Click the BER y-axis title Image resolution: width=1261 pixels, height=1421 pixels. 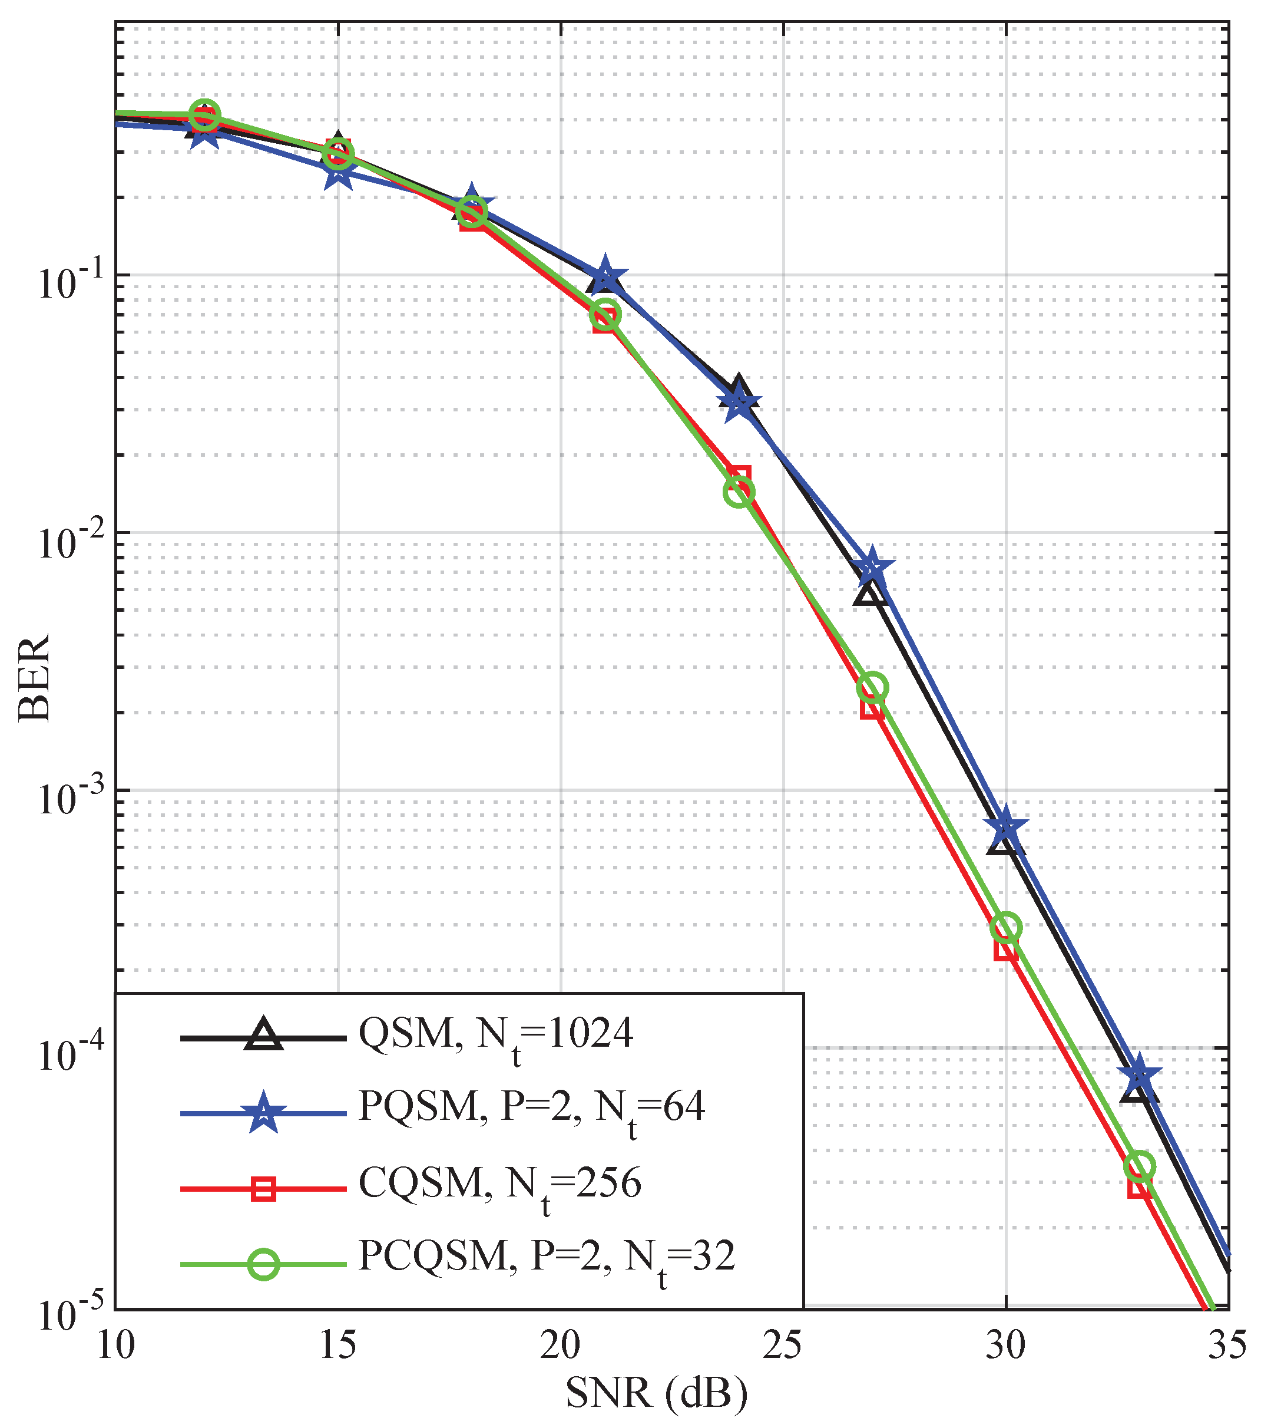tap(35, 678)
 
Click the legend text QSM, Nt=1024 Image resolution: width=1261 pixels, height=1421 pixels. tap(495, 1036)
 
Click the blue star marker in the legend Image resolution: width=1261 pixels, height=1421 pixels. tap(264, 1113)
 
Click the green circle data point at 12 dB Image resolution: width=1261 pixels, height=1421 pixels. tap(204, 115)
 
